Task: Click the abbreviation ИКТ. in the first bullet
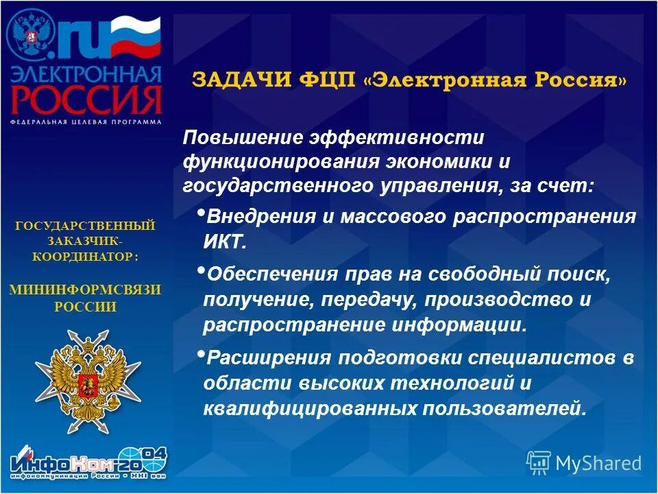click(x=223, y=242)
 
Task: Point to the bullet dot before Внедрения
click(x=200, y=213)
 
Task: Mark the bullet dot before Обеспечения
click(x=200, y=270)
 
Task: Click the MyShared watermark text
click(x=598, y=463)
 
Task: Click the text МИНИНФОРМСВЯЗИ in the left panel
click(x=86, y=290)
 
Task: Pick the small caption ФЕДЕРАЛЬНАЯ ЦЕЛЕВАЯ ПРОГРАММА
click(x=86, y=121)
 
